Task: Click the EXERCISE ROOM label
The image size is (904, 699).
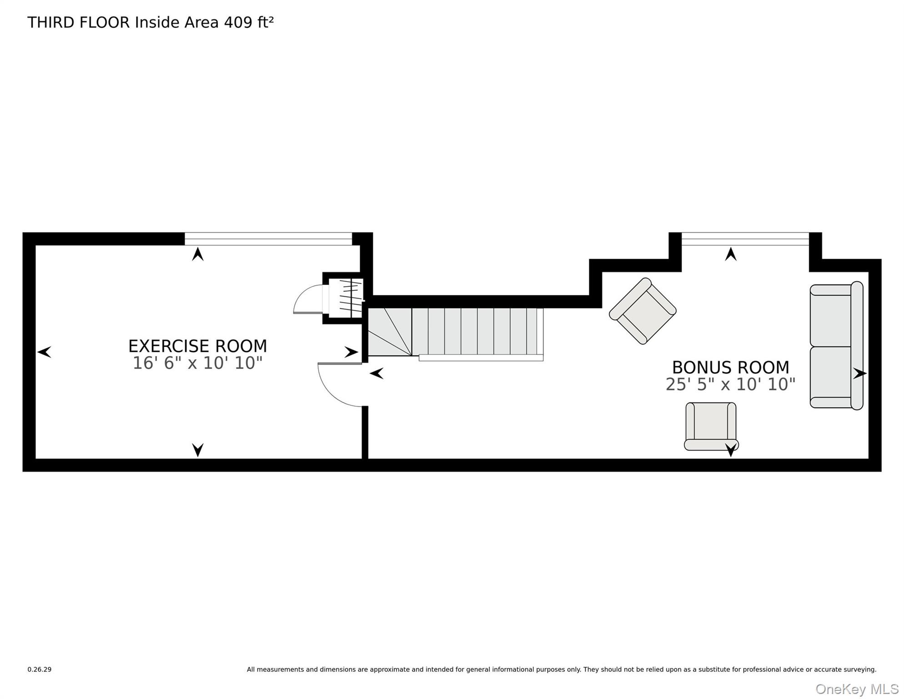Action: point(197,346)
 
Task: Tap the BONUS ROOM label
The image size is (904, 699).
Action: point(730,367)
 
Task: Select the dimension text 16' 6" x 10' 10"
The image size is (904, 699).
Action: point(197,363)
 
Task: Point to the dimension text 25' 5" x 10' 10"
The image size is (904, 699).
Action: point(730,384)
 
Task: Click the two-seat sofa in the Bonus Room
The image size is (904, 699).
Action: point(836,346)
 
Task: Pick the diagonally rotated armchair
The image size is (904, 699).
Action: point(643,311)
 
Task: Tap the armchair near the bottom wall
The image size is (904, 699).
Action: point(711,426)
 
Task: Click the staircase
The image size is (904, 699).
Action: point(455,334)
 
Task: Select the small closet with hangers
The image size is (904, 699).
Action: point(346,298)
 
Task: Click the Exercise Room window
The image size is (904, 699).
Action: point(268,239)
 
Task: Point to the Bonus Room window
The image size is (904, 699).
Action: point(745,239)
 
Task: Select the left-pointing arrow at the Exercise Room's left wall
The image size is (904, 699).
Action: point(44,352)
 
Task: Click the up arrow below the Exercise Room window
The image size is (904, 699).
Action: point(198,254)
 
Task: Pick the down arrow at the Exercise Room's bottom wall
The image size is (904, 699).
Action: point(198,450)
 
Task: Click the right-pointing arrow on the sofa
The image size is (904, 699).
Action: point(859,374)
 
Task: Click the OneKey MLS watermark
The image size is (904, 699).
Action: point(857,689)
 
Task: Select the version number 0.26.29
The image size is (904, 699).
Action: point(40,669)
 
